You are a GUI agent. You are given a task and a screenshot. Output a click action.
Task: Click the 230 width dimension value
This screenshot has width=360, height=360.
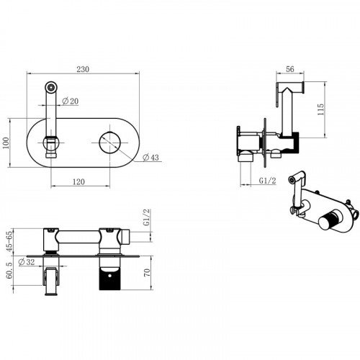(83, 69)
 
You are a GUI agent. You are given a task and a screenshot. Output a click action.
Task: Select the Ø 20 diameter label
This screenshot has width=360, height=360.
(70, 101)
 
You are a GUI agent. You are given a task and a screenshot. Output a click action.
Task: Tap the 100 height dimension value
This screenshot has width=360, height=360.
(6, 143)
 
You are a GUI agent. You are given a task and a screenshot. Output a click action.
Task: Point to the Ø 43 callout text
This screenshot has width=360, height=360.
(150, 158)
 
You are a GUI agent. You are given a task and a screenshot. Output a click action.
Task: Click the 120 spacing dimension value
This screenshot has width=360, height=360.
(78, 181)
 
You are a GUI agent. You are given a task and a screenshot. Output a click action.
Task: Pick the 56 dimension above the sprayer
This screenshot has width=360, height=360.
(290, 69)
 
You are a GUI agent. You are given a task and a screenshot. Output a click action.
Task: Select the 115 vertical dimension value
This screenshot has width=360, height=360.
(320, 109)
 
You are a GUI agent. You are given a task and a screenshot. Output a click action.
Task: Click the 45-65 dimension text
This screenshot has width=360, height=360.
(9, 241)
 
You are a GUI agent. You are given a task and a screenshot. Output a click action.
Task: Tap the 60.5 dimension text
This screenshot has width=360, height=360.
(9, 270)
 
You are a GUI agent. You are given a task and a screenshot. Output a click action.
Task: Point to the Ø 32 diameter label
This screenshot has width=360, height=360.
(27, 262)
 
